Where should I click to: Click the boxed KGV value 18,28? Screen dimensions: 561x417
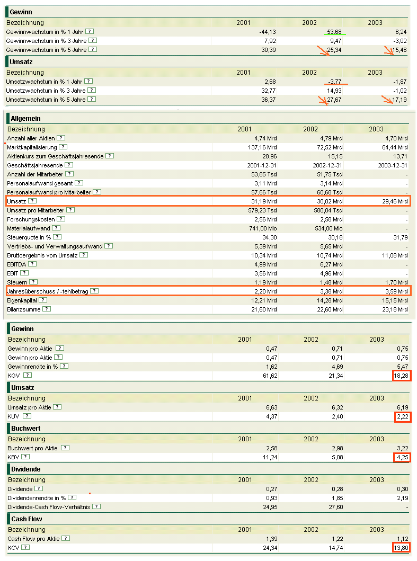[402, 376]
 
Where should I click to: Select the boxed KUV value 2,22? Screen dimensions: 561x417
[402, 416]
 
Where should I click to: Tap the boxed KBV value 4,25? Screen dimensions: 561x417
[402, 457]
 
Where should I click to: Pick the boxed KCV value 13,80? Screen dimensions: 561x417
[401, 547]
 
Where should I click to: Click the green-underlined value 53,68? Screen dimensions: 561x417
[334, 32]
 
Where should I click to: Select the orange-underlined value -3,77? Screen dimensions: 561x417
[335, 81]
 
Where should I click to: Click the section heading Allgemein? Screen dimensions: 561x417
[25, 119]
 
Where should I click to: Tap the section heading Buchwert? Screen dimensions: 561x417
[26, 428]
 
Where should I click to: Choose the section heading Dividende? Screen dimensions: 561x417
[26, 469]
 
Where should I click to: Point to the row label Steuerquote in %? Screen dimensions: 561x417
[29, 237]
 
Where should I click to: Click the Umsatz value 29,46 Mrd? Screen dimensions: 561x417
[395, 201]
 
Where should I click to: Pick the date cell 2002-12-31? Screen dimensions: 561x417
[326, 165]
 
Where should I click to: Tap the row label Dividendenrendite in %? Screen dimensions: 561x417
[37, 498]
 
